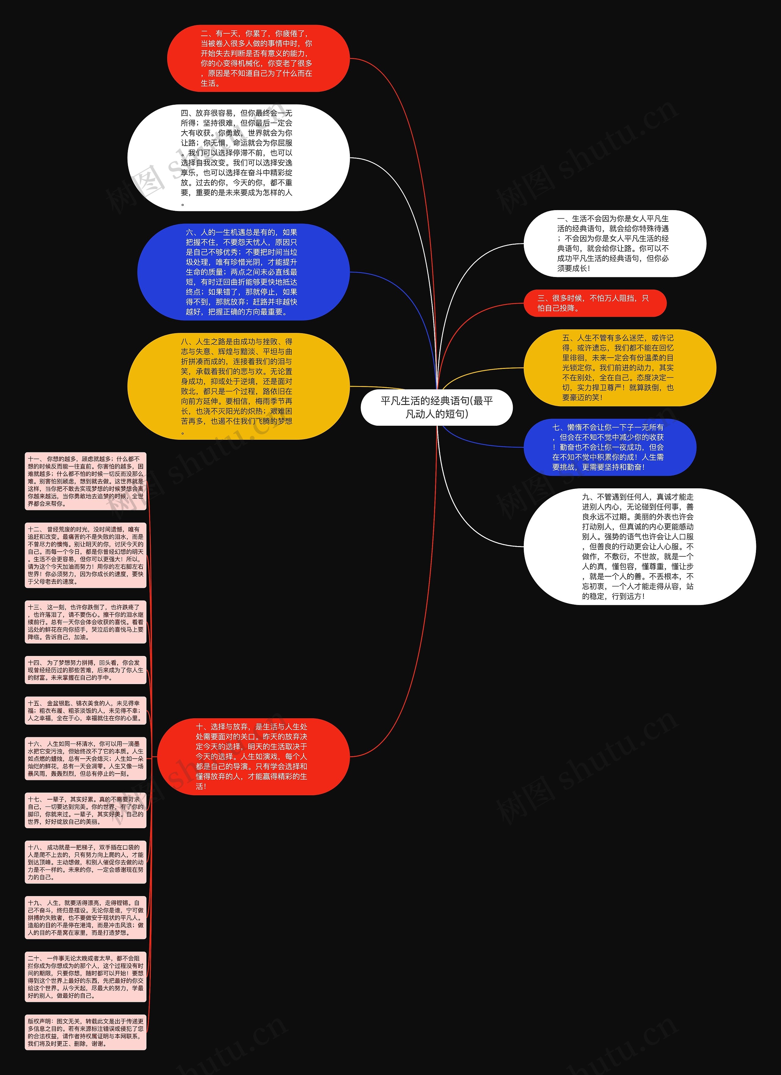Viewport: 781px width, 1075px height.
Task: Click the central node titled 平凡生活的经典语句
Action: point(436,407)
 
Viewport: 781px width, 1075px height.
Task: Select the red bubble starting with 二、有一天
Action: point(258,58)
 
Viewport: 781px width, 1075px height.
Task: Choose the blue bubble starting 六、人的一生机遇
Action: point(243,272)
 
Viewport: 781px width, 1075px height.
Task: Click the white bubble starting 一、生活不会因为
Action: point(614,243)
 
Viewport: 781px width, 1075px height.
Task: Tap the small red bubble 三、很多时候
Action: point(594,303)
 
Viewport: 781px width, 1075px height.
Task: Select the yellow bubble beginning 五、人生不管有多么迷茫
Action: point(619,367)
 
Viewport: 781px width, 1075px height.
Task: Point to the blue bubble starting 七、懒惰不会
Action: point(610,447)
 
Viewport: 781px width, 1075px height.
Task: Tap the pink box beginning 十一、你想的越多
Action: point(85,481)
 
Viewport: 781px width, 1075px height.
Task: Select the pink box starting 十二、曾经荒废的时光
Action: point(85,555)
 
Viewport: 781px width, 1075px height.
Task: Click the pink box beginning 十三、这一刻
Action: point(85,622)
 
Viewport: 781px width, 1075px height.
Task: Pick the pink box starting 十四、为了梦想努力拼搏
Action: point(85,670)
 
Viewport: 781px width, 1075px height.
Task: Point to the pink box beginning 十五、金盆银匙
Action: point(85,710)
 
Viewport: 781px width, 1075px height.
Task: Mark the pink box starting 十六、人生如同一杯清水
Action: point(85,758)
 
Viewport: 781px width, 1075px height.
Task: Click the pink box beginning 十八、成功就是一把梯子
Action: point(85,862)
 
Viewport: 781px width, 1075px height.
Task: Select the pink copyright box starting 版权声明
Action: point(85,1032)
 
